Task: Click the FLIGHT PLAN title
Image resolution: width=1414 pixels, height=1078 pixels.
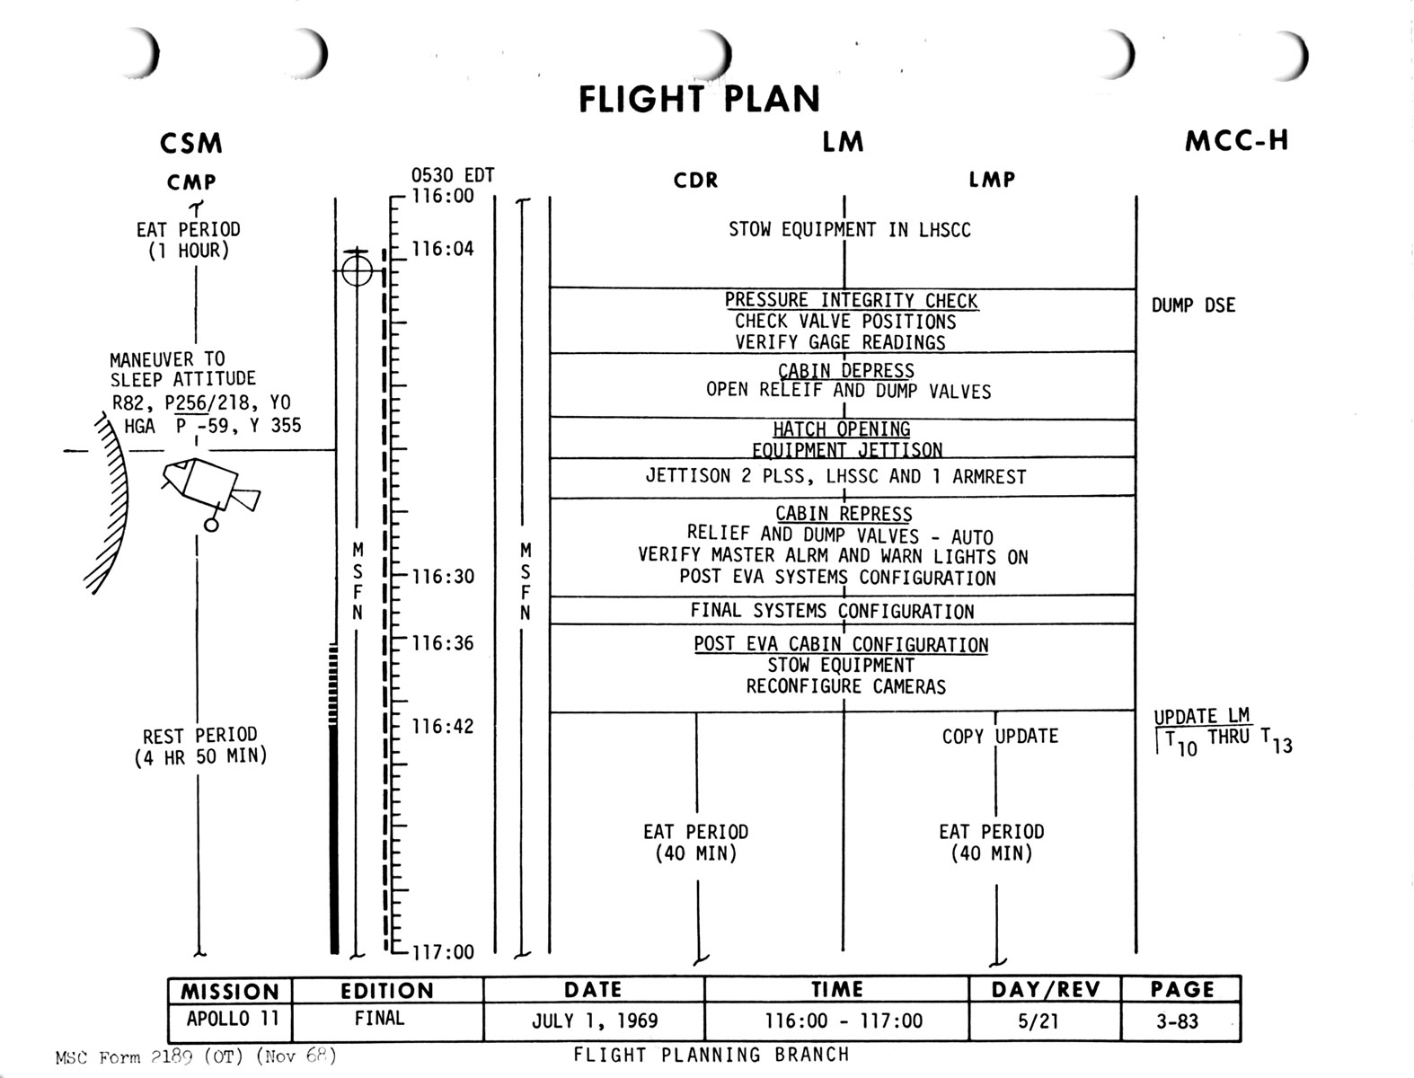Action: (699, 99)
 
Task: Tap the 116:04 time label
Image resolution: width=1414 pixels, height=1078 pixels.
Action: (442, 249)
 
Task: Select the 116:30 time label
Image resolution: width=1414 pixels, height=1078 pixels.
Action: (442, 577)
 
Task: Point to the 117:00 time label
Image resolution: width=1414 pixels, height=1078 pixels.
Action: (442, 952)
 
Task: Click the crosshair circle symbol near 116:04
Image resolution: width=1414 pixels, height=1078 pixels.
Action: (357, 269)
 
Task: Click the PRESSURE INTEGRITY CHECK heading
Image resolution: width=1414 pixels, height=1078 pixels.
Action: (851, 301)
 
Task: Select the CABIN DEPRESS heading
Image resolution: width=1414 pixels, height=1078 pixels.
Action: (845, 370)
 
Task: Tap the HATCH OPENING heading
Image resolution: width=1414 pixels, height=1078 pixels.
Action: (841, 429)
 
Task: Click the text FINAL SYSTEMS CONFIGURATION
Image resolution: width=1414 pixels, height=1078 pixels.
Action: (832, 612)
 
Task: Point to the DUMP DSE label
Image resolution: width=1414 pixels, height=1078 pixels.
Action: (1193, 305)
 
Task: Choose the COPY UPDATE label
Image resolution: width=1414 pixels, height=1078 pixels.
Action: (1000, 737)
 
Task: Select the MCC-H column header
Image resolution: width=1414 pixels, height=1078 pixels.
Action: (1236, 141)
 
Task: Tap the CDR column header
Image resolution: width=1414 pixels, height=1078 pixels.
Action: (696, 181)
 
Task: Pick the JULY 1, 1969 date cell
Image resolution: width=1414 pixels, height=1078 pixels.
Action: (594, 1021)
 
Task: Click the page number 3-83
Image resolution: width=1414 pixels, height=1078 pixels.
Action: (1177, 1021)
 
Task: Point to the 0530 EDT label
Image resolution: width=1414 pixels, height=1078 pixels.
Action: (453, 176)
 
